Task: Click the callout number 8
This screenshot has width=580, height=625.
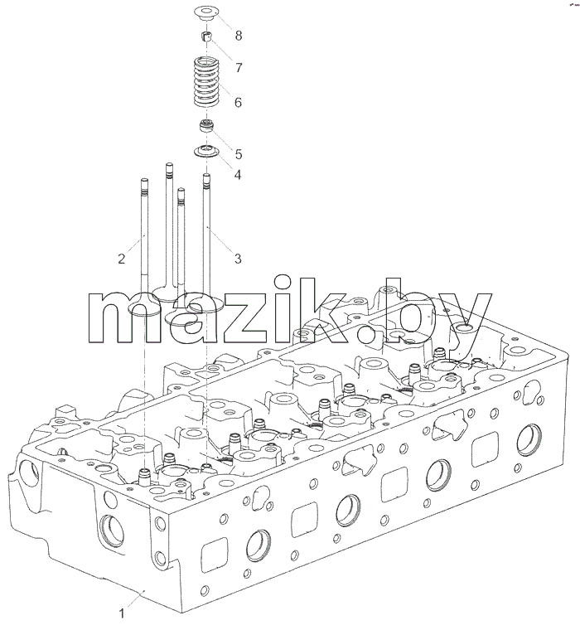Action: [239, 36]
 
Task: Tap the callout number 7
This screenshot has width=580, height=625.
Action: [239, 68]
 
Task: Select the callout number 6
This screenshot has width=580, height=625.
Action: [238, 103]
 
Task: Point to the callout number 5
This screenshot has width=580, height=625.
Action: [239, 154]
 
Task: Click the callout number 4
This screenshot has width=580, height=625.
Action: [238, 174]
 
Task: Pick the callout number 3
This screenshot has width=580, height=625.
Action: [238, 259]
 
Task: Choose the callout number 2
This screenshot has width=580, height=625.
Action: [122, 259]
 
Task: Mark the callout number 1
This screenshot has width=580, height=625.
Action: [122, 613]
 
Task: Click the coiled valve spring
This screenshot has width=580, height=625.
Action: [207, 83]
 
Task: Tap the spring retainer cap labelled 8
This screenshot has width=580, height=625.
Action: [207, 13]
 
